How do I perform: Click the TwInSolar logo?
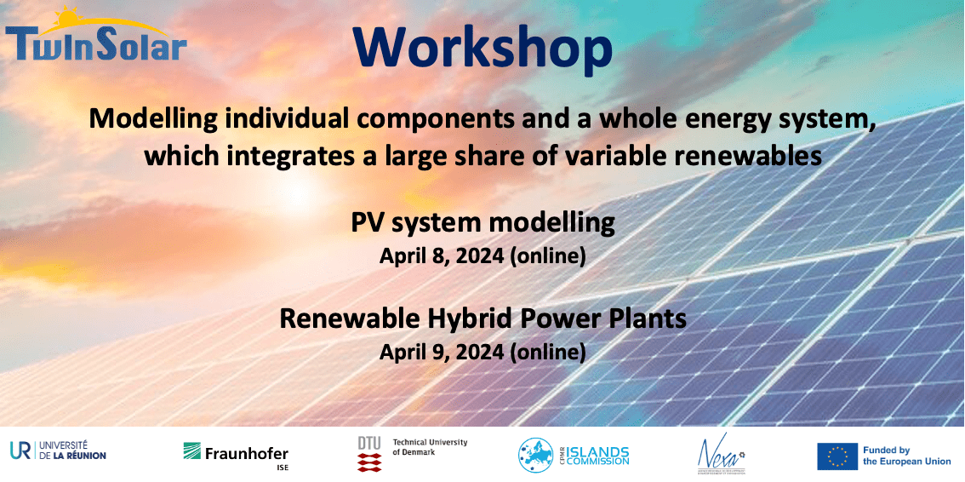[95, 37]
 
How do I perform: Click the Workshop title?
[482, 49]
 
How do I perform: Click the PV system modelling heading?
[482, 223]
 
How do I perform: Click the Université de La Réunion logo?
[58, 450]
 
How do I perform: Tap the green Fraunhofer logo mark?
[192, 450]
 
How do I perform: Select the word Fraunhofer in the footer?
[247, 453]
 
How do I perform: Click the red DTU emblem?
[369, 461]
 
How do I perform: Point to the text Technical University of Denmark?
[430, 447]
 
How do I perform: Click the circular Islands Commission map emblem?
[535, 455]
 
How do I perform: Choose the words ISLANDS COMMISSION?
[598, 456]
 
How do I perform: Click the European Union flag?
[837, 456]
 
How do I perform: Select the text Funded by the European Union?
[906, 456]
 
